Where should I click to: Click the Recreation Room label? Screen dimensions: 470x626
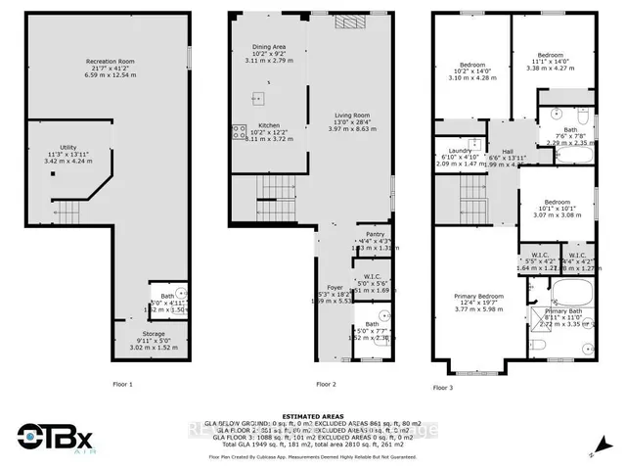pyautogui.click(x=109, y=61)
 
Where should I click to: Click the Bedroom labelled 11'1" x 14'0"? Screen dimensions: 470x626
pyautogui.click(x=550, y=55)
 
